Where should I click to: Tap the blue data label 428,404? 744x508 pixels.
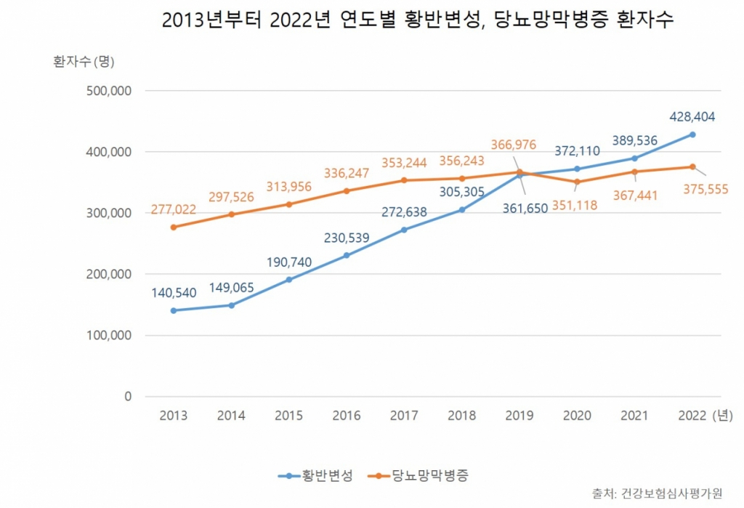click(x=693, y=116)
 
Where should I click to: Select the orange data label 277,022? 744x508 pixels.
click(x=174, y=209)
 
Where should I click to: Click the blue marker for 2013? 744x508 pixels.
click(x=174, y=310)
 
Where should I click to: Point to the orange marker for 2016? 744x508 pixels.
click(x=347, y=191)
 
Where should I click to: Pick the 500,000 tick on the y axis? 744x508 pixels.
click(x=108, y=91)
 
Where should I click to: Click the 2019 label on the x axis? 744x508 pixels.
click(x=519, y=416)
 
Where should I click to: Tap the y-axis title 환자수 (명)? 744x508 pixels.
click(x=84, y=61)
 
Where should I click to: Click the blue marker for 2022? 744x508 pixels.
click(x=692, y=134)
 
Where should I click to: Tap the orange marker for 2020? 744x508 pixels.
click(x=577, y=182)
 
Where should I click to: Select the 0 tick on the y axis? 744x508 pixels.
click(x=128, y=397)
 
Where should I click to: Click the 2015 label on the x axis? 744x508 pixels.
click(x=289, y=416)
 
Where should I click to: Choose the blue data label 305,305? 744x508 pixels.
click(x=463, y=192)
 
